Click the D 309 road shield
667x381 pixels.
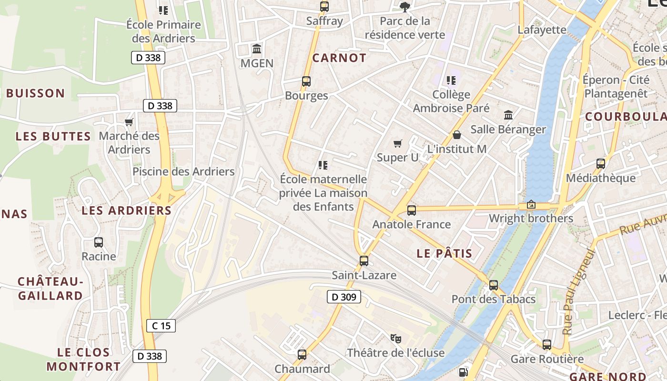[x=344, y=297]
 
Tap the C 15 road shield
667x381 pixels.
[x=161, y=326]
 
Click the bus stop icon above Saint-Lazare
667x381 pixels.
[x=364, y=261]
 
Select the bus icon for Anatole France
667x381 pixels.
[x=412, y=210]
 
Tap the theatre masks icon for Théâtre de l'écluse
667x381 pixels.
[x=395, y=339]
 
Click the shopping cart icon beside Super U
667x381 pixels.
[x=398, y=143]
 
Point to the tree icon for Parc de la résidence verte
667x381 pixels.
[x=405, y=7]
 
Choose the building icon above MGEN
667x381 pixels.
[x=257, y=49]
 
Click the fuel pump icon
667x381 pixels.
[x=463, y=372]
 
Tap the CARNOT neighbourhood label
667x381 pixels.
[x=339, y=58]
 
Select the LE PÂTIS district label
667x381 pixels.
[x=444, y=253]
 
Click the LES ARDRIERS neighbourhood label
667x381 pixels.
[x=126, y=211]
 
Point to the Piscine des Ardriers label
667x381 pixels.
[x=183, y=171]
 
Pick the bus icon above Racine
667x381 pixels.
[x=99, y=242]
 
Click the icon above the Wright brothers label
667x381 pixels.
[x=531, y=204]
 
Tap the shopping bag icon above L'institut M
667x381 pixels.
[x=456, y=135]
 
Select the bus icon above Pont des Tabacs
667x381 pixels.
[x=494, y=285]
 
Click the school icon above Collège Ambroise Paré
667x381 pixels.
[x=451, y=80]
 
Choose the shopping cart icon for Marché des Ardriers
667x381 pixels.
[x=129, y=122]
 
